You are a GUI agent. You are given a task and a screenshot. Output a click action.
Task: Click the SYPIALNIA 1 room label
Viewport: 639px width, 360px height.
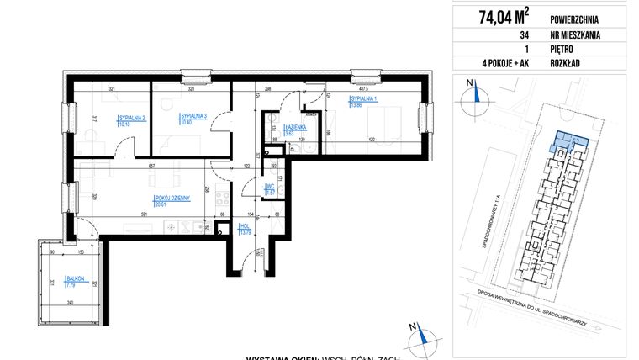[x=362, y=99]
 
